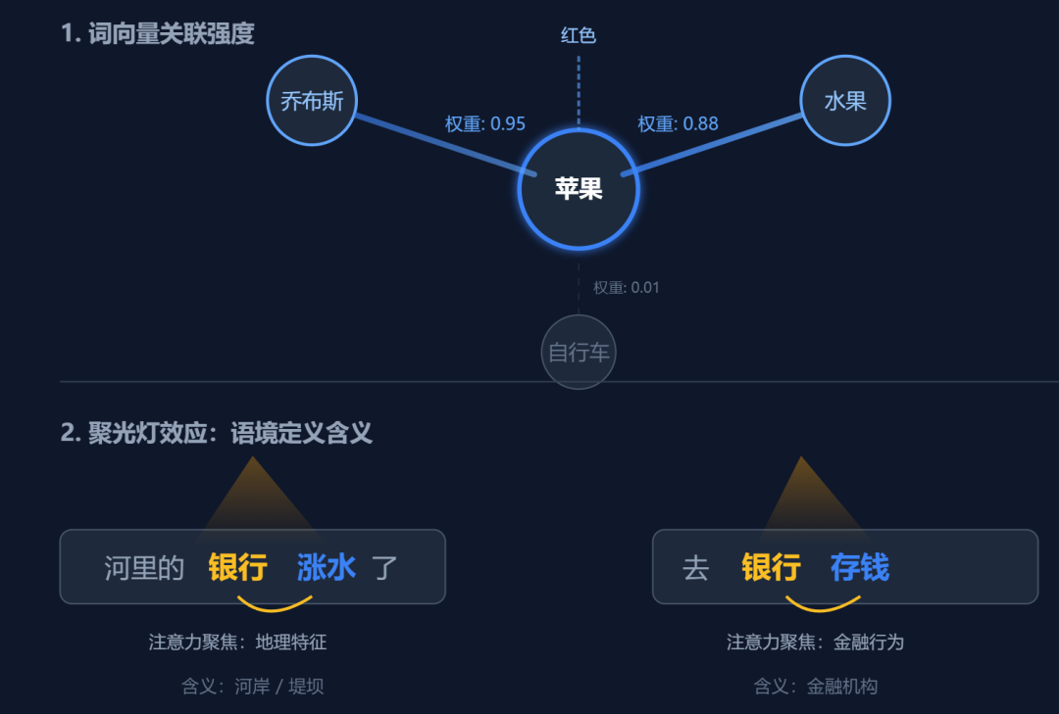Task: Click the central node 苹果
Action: pos(579,189)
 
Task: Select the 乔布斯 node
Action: pos(312,101)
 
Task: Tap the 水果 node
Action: pos(845,101)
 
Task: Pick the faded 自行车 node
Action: pos(579,352)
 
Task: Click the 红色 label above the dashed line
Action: pos(579,36)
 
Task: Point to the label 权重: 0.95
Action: pos(485,123)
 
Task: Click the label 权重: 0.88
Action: pos(678,123)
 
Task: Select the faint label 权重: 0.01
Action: pos(626,288)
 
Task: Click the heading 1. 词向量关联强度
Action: pos(158,33)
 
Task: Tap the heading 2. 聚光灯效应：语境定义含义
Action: pos(217,433)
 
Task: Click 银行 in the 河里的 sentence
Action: pos(238,567)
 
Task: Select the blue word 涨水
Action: pos(327,567)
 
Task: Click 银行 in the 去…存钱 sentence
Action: pos(772,567)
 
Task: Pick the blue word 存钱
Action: pos(860,567)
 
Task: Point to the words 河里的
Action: pos(144,567)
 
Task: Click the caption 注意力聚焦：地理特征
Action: pos(237,643)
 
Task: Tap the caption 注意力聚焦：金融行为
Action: pos(815,643)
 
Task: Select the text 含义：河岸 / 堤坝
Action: pos(252,687)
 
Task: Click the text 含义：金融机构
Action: pos(815,687)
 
